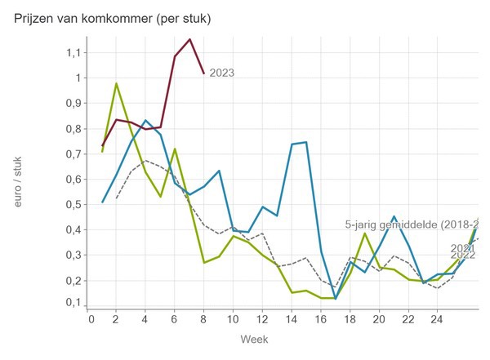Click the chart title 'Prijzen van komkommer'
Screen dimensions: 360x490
pos(113,18)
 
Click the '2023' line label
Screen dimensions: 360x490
pos(221,73)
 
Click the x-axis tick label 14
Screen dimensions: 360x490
pos(291,318)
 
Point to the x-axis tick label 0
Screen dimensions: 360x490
pos(91,318)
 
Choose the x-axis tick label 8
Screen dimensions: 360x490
pos(204,318)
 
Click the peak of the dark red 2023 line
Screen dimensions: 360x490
pos(189,39)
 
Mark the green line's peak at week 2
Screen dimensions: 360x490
pos(117,83)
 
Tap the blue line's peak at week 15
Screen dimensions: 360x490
pos(305,142)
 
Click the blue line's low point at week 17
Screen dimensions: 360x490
pos(335,298)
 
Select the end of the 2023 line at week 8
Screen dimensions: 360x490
pos(203,73)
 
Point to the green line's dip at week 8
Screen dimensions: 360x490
pos(203,262)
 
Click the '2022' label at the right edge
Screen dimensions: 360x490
pos(463,256)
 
